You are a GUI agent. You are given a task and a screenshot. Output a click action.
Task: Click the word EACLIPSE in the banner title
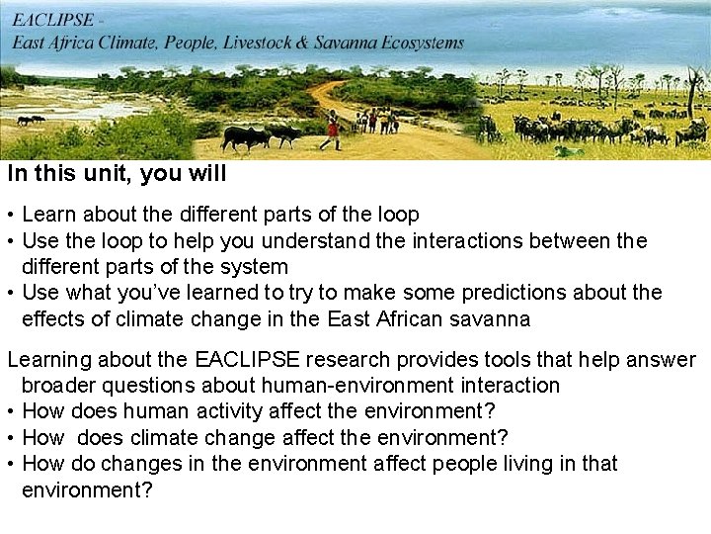tap(54, 19)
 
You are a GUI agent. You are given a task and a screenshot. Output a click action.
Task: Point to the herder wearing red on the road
tap(333, 129)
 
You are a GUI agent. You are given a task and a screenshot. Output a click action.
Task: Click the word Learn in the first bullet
tap(48, 215)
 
